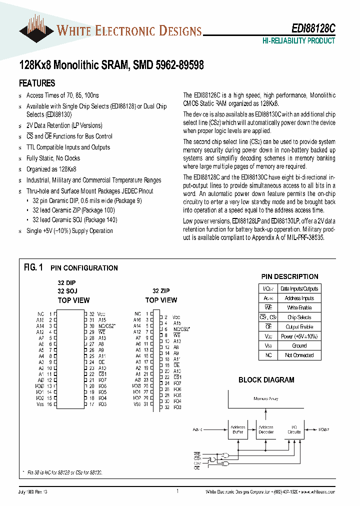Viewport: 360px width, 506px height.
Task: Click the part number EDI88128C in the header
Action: click(313, 30)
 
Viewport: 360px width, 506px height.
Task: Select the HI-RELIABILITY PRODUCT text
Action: click(298, 41)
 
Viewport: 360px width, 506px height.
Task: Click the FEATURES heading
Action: click(37, 83)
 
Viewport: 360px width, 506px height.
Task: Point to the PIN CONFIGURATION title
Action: click(84, 268)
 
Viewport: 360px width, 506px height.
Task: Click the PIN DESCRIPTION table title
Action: click(289, 276)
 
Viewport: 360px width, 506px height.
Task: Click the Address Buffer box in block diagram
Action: click(237, 429)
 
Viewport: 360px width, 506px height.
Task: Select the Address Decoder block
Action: click(266, 429)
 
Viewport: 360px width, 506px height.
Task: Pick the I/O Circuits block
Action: click(294, 429)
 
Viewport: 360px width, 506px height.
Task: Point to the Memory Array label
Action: click(266, 399)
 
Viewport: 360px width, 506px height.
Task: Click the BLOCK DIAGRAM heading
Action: click(266, 380)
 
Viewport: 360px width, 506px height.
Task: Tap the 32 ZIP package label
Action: click(161, 291)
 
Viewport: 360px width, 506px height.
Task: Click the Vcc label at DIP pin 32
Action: click(101, 313)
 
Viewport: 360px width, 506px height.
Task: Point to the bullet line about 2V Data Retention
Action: click(64, 125)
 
